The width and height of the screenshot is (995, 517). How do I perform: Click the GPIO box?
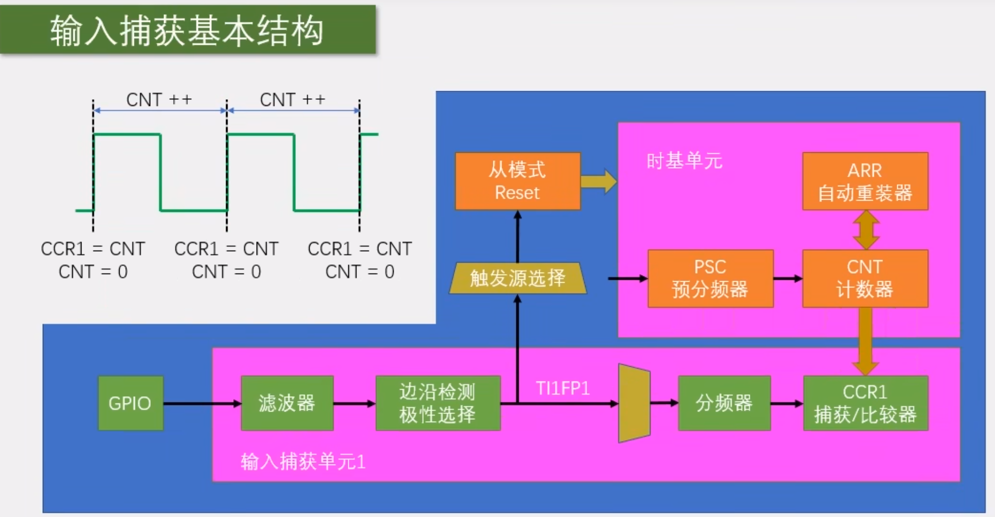pos(130,403)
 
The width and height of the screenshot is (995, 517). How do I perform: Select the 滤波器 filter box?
pos(287,403)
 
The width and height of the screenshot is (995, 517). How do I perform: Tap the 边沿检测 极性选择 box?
pos(438,403)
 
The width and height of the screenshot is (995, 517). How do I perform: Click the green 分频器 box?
pos(724,403)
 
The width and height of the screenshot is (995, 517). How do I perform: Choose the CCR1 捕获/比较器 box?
pos(865,403)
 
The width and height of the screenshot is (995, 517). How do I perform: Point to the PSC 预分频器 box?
pos(710,278)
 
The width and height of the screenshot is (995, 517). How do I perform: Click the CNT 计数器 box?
pos(865,278)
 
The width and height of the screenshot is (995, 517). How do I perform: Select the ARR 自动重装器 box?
pos(865,181)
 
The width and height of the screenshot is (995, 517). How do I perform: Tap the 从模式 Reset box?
pos(517,181)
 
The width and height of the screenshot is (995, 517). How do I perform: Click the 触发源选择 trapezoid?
pos(517,278)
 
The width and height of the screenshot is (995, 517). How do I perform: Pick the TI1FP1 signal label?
pos(563,389)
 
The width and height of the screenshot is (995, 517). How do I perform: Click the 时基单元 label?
pos(684,161)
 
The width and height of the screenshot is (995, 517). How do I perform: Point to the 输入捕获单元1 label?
pos(303,461)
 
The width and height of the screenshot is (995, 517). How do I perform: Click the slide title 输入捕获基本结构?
pos(187,30)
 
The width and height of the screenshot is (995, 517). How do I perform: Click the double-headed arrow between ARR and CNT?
pos(866,230)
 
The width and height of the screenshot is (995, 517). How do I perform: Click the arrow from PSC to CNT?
pos(788,279)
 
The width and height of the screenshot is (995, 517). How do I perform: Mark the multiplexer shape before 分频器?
pos(634,403)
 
